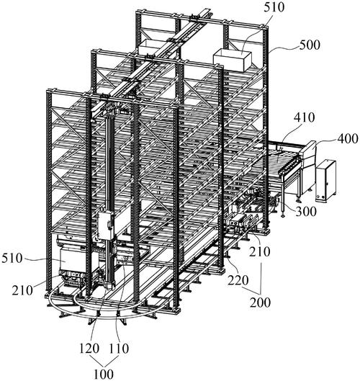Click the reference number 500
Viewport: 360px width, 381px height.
309,45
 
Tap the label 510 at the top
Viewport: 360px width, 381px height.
274,7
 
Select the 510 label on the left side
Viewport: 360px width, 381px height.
12,258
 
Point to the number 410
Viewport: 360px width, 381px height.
304,117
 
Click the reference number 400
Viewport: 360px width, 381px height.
347,139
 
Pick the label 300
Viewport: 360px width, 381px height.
306,212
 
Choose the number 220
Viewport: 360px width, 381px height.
238,280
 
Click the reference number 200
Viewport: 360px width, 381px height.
260,302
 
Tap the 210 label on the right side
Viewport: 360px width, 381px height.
260,252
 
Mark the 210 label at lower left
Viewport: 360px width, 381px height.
22,290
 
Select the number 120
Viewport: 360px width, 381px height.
89,349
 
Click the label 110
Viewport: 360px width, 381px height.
118,349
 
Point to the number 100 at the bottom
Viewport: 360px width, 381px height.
104,374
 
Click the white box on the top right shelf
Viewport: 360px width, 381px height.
232,60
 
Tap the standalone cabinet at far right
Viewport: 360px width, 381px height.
326,181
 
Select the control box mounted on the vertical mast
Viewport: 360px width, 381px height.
105,225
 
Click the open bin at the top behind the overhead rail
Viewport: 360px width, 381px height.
148,47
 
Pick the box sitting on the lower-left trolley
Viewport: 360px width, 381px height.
73,259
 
